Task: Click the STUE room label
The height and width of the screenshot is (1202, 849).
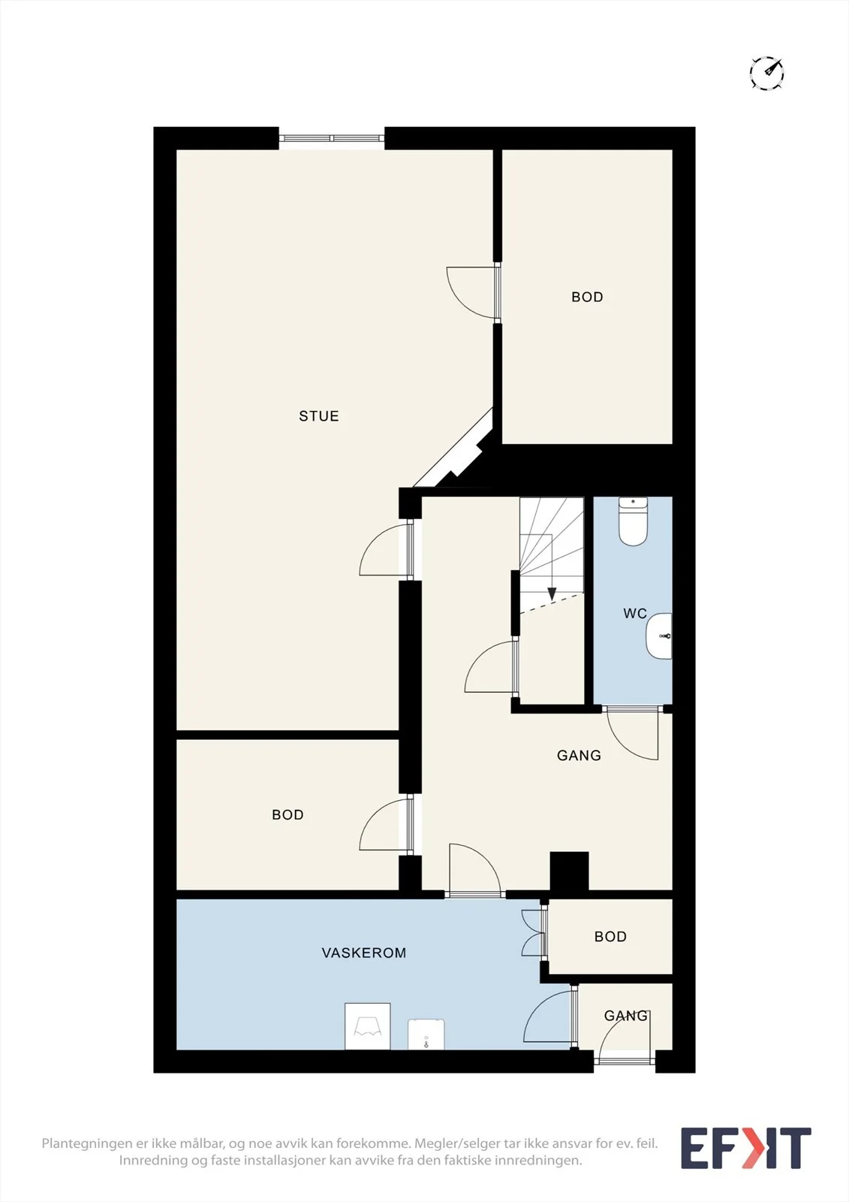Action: (318, 416)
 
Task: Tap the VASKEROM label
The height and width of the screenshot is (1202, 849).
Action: (363, 953)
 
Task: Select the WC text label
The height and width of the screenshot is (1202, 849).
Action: (635, 613)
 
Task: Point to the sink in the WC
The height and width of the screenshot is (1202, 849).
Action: (659, 636)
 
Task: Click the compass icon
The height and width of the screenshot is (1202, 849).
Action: (767, 72)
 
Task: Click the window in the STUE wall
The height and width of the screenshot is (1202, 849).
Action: (332, 138)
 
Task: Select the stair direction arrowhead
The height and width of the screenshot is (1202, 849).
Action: (551, 594)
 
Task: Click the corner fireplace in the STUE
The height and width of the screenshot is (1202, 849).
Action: (460, 455)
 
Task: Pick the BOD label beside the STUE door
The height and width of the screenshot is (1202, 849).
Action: (587, 297)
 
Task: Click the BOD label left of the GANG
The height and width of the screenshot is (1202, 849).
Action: (288, 814)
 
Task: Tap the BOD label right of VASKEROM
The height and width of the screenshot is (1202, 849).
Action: (610, 936)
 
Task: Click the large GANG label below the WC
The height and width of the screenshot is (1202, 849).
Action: (580, 756)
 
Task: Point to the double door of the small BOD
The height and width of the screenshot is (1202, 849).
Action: (534, 933)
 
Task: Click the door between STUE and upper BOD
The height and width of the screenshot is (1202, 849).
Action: (472, 292)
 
